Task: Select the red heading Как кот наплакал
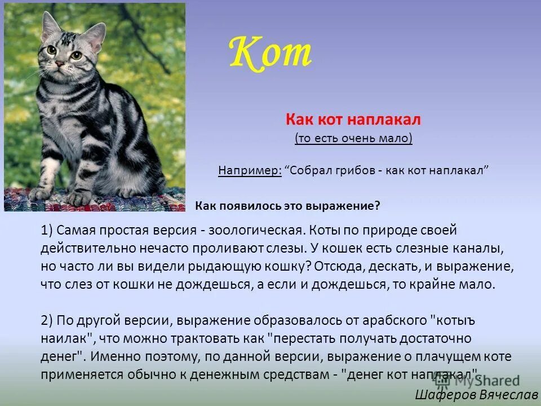[353, 120]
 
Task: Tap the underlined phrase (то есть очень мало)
[353, 139]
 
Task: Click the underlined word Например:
[250, 171]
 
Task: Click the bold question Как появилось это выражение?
[287, 206]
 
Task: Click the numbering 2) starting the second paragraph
[47, 320]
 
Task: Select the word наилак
[63, 338]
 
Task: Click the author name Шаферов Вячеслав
[476, 394]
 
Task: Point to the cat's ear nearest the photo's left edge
[50, 25]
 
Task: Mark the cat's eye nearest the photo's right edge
[76, 55]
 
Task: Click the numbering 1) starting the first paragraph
[47, 230]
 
